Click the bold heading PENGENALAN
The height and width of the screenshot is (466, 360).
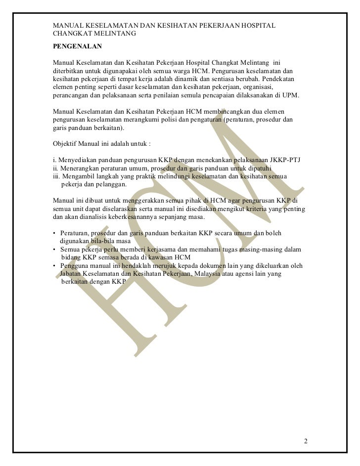(77, 46)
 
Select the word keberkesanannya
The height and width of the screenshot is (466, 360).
(128, 217)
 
